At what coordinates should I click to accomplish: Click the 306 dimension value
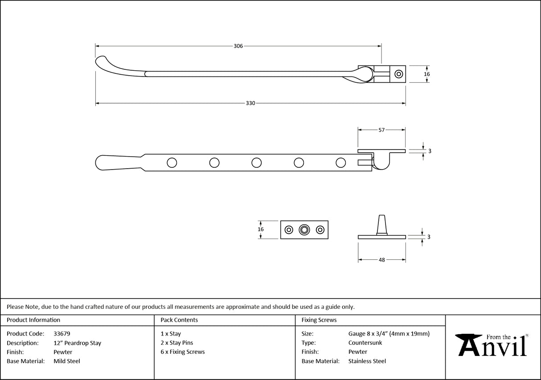pyautogui.click(x=238, y=46)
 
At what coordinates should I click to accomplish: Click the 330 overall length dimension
pyautogui.click(x=250, y=103)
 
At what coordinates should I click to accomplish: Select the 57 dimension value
pyautogui.click(x=381, y=130)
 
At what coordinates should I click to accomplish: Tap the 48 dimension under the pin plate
pyautogui.click(x=381, y=260)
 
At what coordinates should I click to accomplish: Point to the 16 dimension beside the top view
pyautogui.click(x=427, y=74)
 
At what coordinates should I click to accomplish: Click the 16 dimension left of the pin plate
pyautogui.click(x=261, y=230)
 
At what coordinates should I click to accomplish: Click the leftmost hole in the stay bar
pyautogui.click(x=172, y=163)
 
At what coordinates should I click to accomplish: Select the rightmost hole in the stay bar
pyautogui.click(x=340, y=163)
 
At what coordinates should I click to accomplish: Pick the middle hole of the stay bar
pyautogui.click(x=256, y=163)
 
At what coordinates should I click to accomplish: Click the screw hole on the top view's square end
pyautogui.click(x=399, y=74)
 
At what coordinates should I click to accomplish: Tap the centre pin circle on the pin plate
pyautogui.click(x=304, y=230)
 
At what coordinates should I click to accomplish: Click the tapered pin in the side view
pyautogui.click(x=382, y=224)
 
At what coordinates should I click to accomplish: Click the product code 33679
pyautogui.click(x=61, y=334)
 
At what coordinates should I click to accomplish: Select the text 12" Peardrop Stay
pyautogui.click(x=77, y=343)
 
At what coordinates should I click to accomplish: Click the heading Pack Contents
pyautogui.click(x=179, y=320)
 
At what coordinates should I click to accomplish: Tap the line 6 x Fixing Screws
pyautogui.click(x=183, y=352)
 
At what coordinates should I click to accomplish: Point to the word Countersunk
pyautogui.click(x=365, y=343)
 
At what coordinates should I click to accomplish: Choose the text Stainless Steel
pyautogui.click(x=367, y=361)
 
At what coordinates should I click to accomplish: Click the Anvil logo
pyautogui.click(x=493, y=346)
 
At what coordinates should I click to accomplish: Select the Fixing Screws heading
pyautogui.click(x=319, y=320)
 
